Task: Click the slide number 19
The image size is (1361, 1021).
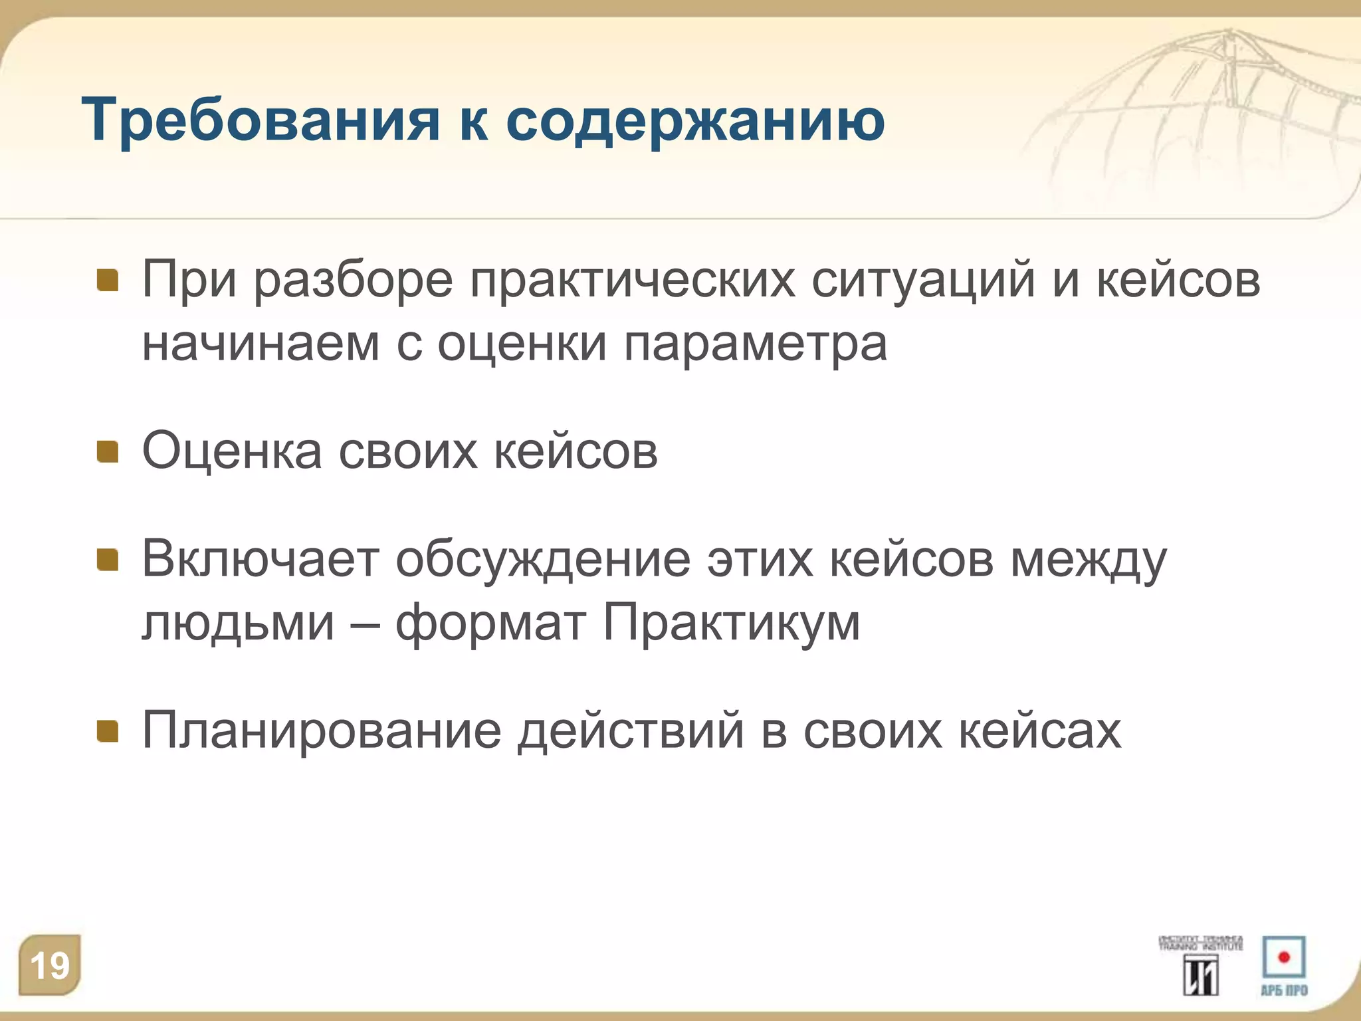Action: click(x=49, y=965)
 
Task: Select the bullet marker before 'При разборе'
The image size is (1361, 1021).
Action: click(x=108, y=281)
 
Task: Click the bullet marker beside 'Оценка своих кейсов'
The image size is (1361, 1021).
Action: click(x=108, y=452)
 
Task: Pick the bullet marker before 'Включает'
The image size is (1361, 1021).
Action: click(x=108, y=560)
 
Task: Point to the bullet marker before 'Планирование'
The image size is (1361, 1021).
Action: click(x=108, y=731)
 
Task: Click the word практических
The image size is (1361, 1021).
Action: click(x=633, y=281)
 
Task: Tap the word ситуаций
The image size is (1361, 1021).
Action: click(x=923, y=281)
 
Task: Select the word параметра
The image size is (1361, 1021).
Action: click(x=755, y=344)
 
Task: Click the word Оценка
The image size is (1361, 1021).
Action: click(x=232, y=452)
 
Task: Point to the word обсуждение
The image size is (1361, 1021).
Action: click(x=543, y=560)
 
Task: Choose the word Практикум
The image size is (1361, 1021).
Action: click(x=731, y=623)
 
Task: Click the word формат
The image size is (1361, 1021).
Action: click(x=490, y=623)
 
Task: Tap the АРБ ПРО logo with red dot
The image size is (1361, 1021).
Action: click(x=1284, y=965)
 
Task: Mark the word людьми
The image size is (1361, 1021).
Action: click(x=238, y=623)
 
